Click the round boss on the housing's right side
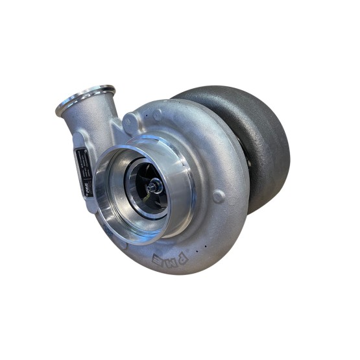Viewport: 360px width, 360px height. [219, 195]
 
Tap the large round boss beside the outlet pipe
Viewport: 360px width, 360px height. [130, 123]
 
